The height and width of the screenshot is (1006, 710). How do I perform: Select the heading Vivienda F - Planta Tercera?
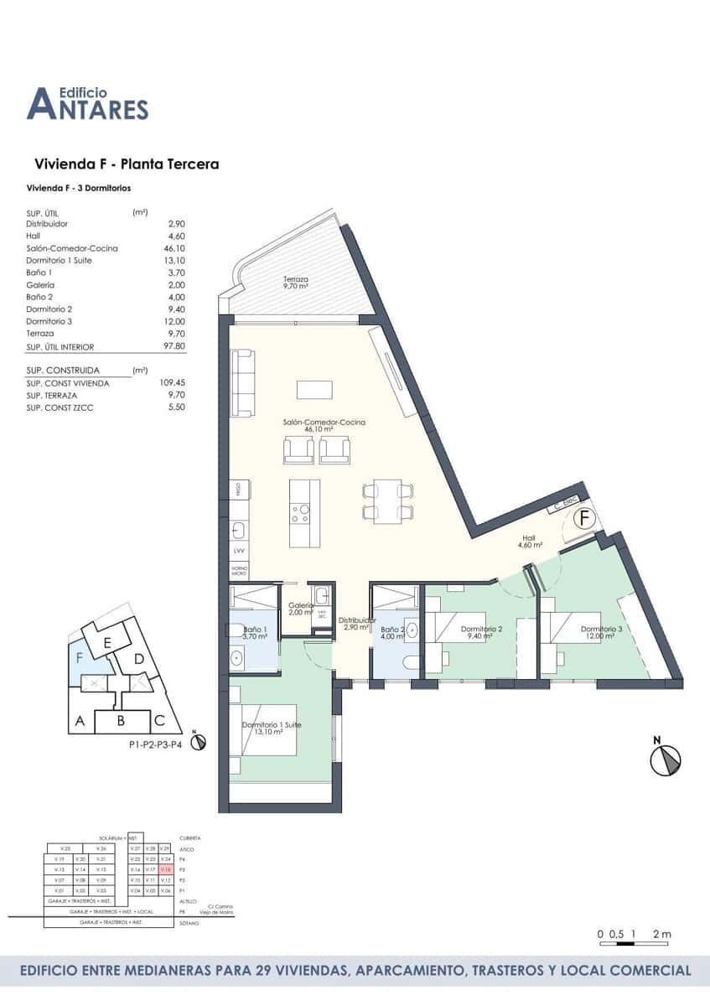(x=127, y=164)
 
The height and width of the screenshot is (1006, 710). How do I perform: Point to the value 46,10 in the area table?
(x=174, y=249)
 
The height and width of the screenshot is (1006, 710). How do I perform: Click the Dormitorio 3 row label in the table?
(x=49, y=322)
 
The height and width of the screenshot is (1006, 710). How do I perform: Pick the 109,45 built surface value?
(x=172, y=383)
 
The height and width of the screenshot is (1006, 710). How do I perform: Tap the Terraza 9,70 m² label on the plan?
(x=295, y=283)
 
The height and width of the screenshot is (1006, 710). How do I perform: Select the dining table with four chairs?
(x=387, y=500)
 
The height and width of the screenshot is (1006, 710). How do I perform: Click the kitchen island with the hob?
(x=303, y=513)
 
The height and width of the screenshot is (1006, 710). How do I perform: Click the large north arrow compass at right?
(x=666, y=760)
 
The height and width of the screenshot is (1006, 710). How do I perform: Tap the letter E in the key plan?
(x=106, y=643)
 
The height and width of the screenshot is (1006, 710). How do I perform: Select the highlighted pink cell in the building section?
(x=165, y=870)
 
